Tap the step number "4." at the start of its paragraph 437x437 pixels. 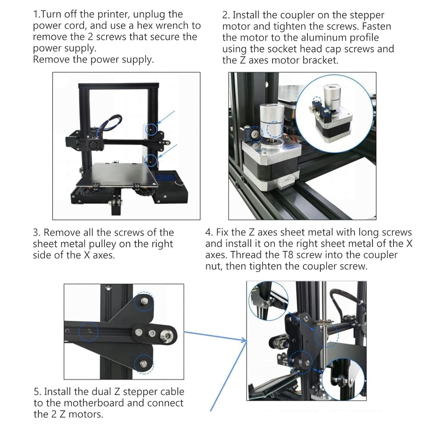[x=209, y=233]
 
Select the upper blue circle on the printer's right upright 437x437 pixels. [x=151, y=129]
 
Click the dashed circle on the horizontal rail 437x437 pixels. [x=89, y=332]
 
